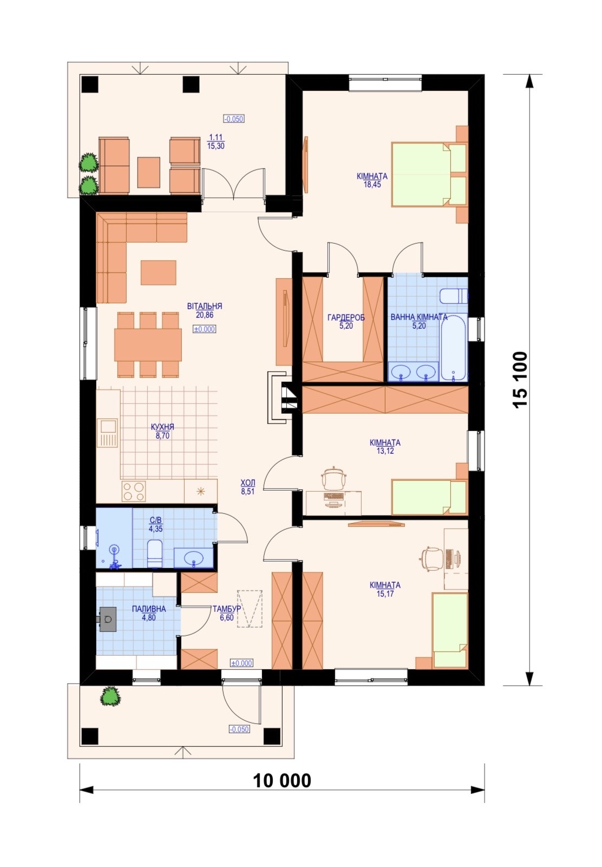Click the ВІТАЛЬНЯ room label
click(x=204, y=306)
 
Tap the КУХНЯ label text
click(x=162, y=427)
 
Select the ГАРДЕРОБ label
click(x=346, y=318)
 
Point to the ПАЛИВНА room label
click(x=149, y=609)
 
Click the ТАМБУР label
click(x=227, y=609)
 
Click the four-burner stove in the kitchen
click(x=134, y=492)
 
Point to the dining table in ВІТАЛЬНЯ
click(x=148, y=344)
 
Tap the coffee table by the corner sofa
click(x=158, y=272)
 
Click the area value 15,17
click(x=384, y=594)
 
